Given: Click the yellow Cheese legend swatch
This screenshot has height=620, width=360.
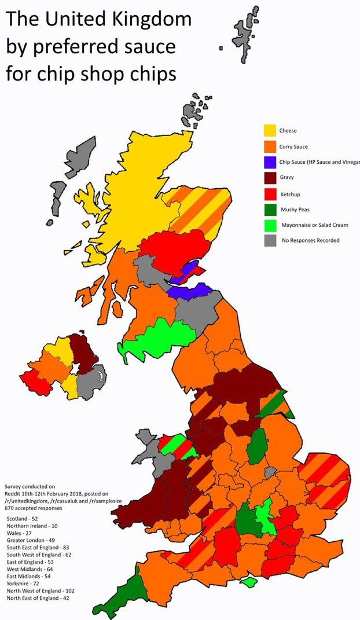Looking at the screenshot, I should click(x=269, y=131).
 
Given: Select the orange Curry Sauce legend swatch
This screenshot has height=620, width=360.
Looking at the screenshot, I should click(x=269, y=146).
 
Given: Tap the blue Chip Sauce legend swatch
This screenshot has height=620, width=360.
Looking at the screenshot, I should click(x=269, y=162).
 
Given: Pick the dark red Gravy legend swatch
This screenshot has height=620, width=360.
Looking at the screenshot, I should click(x=269, y=178).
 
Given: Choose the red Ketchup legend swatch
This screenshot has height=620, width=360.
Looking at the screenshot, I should click(x=269, y=193).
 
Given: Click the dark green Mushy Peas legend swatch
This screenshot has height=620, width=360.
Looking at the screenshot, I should click(x=269, y=209).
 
